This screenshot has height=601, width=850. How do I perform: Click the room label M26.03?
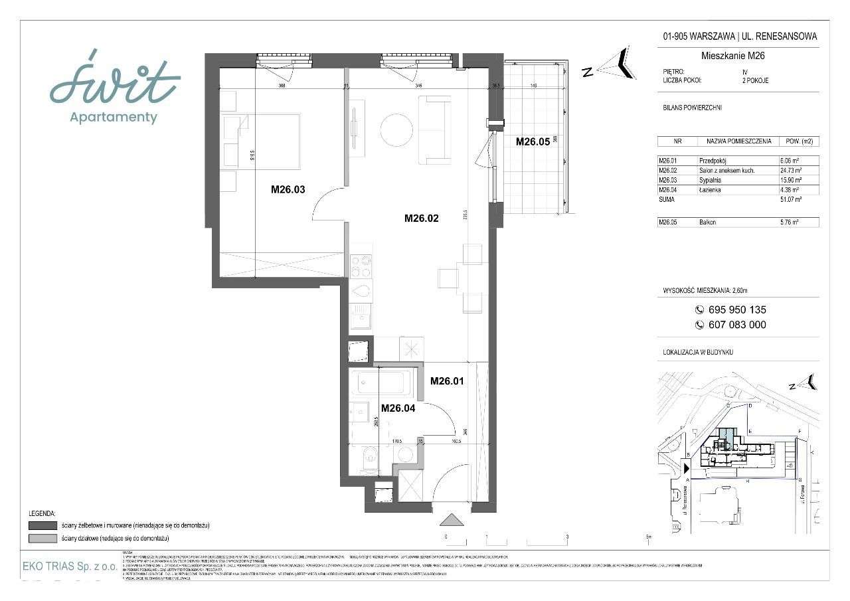288,189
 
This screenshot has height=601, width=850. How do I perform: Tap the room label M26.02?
422,218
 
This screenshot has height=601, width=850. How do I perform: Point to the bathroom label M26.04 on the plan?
398,408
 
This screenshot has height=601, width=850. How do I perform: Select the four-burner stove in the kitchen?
362,266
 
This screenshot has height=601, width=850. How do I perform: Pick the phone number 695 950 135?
730,309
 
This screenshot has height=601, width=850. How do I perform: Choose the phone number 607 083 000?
730,325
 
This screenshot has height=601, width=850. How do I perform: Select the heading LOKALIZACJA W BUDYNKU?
699,352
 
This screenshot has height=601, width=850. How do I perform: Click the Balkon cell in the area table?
707,222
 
